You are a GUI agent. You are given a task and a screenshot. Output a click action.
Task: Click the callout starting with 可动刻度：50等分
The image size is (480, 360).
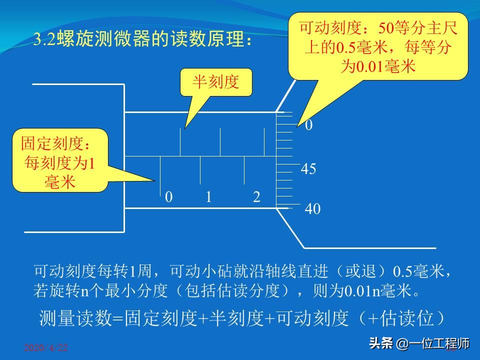[378, 46]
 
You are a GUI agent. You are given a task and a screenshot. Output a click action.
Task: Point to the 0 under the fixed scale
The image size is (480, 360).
[169, 197]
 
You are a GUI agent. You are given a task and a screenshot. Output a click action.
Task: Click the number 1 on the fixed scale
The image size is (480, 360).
[209, 197]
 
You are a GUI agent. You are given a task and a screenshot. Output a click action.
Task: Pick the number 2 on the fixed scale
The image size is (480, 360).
[256, 197]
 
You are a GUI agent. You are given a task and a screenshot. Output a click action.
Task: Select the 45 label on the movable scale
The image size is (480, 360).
[308, 169]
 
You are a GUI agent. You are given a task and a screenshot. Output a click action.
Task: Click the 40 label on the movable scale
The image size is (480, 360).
[312, 209]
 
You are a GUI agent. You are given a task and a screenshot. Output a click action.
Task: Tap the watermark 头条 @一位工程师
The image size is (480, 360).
[419, 344]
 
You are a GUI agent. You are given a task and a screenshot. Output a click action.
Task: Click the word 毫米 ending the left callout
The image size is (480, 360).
[59, 182]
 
